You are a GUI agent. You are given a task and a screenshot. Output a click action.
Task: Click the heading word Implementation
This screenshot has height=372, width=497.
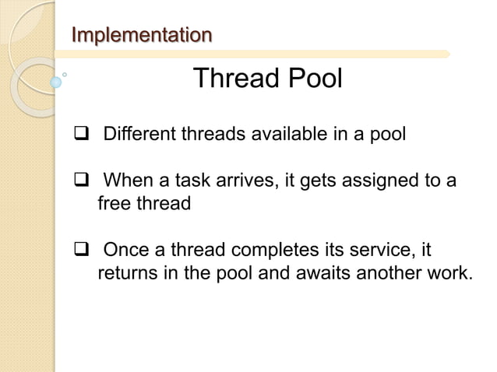click(x=141, y=35)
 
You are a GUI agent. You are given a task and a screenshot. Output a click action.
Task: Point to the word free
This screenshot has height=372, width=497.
click(x=114, y=205)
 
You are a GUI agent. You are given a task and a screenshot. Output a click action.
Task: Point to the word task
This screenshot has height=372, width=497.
click(x=206, y=183)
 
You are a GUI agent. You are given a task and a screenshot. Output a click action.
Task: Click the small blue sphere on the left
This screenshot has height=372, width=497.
click(x=55, y=80)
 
